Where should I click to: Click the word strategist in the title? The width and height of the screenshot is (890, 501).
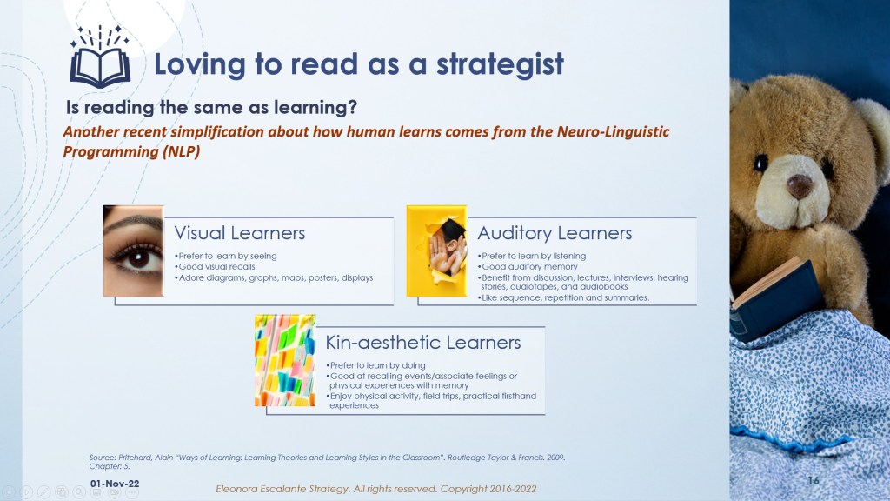(x=500, y=64)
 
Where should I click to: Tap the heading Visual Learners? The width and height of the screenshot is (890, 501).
(x=240, y=233)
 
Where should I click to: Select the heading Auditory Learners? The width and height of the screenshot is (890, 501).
(x=555, y=233)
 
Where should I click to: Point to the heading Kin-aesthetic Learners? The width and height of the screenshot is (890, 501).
(x=423, y=343)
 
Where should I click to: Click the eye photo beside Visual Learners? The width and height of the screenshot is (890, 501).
(x=134, y=250)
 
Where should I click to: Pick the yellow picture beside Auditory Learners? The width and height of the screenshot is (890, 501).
(x=436, y=250)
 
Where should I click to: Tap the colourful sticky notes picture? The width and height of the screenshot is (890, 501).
(x=285, y=360)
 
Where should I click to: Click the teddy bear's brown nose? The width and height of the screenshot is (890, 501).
(x=800, y=186)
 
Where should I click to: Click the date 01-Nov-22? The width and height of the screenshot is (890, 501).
(x=115, y=484)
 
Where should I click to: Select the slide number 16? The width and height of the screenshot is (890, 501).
(x=814, y=480)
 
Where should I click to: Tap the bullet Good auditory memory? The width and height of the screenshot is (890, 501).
(x=528, y=266)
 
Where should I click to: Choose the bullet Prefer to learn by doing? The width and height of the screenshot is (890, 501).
(x=375, y=365)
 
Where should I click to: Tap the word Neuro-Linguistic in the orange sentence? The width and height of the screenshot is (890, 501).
(x=613, y=132)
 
